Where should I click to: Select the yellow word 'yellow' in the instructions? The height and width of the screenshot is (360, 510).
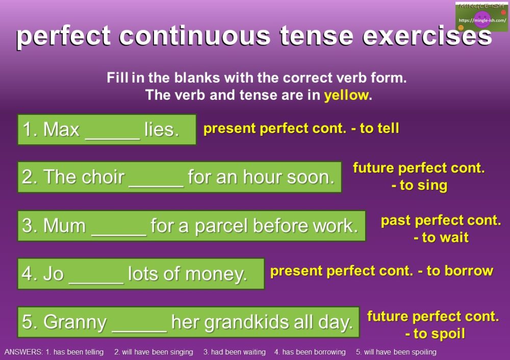[346, 95]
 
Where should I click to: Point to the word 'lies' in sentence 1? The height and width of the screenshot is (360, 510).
[161, 130]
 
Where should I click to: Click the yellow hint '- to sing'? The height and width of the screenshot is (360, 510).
[419, 186]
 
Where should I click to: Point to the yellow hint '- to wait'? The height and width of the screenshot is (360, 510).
[441, 238]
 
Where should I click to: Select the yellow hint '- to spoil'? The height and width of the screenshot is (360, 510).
[435, 334]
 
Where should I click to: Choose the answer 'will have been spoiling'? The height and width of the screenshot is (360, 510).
[399, 352]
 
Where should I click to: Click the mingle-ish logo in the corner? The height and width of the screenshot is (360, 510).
[481, 17]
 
